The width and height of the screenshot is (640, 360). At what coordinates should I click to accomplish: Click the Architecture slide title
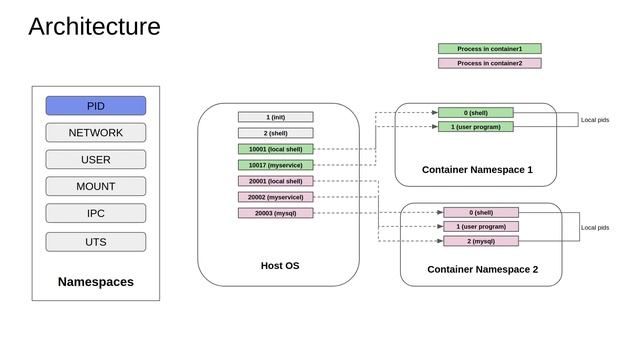tap(94, 27)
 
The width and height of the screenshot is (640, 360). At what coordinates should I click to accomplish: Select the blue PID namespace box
tap(96, 106)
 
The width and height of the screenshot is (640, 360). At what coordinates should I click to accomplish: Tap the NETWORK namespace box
tap(96, 133)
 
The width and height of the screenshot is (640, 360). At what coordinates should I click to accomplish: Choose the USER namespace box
tap(96, 160)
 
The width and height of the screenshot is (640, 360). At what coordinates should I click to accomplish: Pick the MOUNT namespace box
tap(96, 187)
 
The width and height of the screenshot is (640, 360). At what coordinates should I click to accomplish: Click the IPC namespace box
tap(96, 214)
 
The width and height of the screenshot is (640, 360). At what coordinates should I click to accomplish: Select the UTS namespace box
tap(96, 242)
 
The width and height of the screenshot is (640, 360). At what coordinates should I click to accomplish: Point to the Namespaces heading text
tap(96, 282)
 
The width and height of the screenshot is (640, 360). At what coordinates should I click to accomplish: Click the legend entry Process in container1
tap(489, 48)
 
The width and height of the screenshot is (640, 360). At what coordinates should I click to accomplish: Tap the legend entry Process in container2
tap(489, 63)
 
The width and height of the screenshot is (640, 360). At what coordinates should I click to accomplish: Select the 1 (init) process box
tap(276, 117)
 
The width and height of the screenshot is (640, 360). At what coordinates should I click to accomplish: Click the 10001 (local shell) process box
tap(276, 149)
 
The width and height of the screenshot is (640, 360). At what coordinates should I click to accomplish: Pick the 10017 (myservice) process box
tap(276, 165)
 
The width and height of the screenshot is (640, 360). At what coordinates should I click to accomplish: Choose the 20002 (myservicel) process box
tap(276, 197)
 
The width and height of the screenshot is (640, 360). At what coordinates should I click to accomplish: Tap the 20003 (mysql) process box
tap(276, 213)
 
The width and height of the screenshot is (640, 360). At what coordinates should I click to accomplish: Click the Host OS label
tap(279, 266)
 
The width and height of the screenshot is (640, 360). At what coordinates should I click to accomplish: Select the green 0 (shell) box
tap(475, 113)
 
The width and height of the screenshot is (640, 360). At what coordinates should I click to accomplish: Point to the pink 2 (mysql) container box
tap(481, 241)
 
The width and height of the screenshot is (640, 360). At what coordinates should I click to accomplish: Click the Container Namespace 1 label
tap(477, 170)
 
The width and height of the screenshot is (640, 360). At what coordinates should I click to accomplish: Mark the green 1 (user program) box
tap(475, 127)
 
